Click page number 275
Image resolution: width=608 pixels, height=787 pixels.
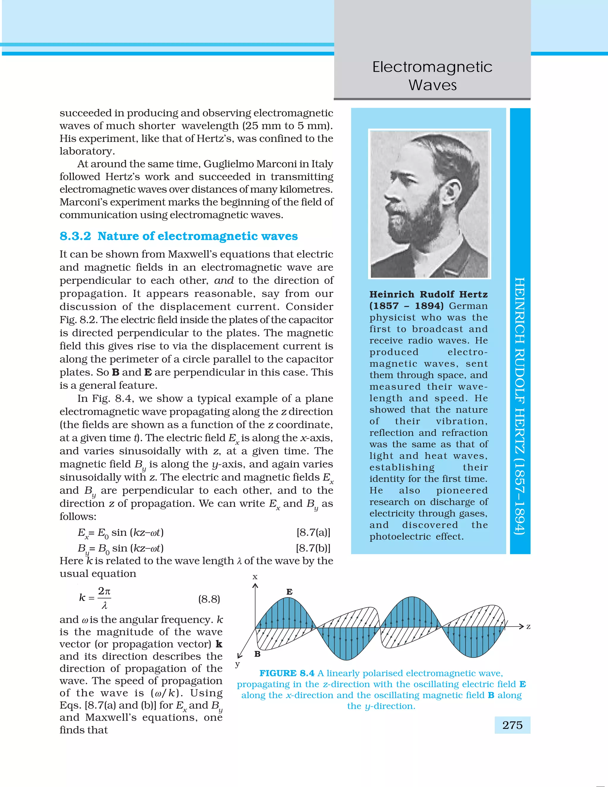512,725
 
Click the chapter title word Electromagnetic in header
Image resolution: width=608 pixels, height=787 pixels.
432,67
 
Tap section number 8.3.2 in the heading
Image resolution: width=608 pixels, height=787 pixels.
75,236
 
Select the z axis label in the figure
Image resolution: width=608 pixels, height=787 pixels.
528,627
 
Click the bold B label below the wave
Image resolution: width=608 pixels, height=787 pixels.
257,654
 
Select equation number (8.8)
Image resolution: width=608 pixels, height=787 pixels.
209,599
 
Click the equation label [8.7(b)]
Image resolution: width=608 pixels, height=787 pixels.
313,548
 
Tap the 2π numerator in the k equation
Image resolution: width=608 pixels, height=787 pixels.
104,591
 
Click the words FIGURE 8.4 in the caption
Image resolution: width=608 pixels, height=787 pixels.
287,673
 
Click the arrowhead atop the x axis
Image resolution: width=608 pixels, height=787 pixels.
255,586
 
